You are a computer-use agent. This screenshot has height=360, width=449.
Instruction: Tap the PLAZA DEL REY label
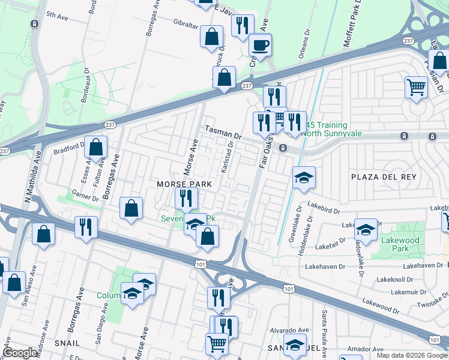(384, 177)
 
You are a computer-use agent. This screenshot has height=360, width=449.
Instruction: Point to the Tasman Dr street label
(222, 133)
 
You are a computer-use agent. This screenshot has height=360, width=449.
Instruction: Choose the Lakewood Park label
(400, 244)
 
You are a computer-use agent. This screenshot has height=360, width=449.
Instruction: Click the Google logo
(20, 353)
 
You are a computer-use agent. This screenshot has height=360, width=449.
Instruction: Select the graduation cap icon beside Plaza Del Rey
(304, 178)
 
